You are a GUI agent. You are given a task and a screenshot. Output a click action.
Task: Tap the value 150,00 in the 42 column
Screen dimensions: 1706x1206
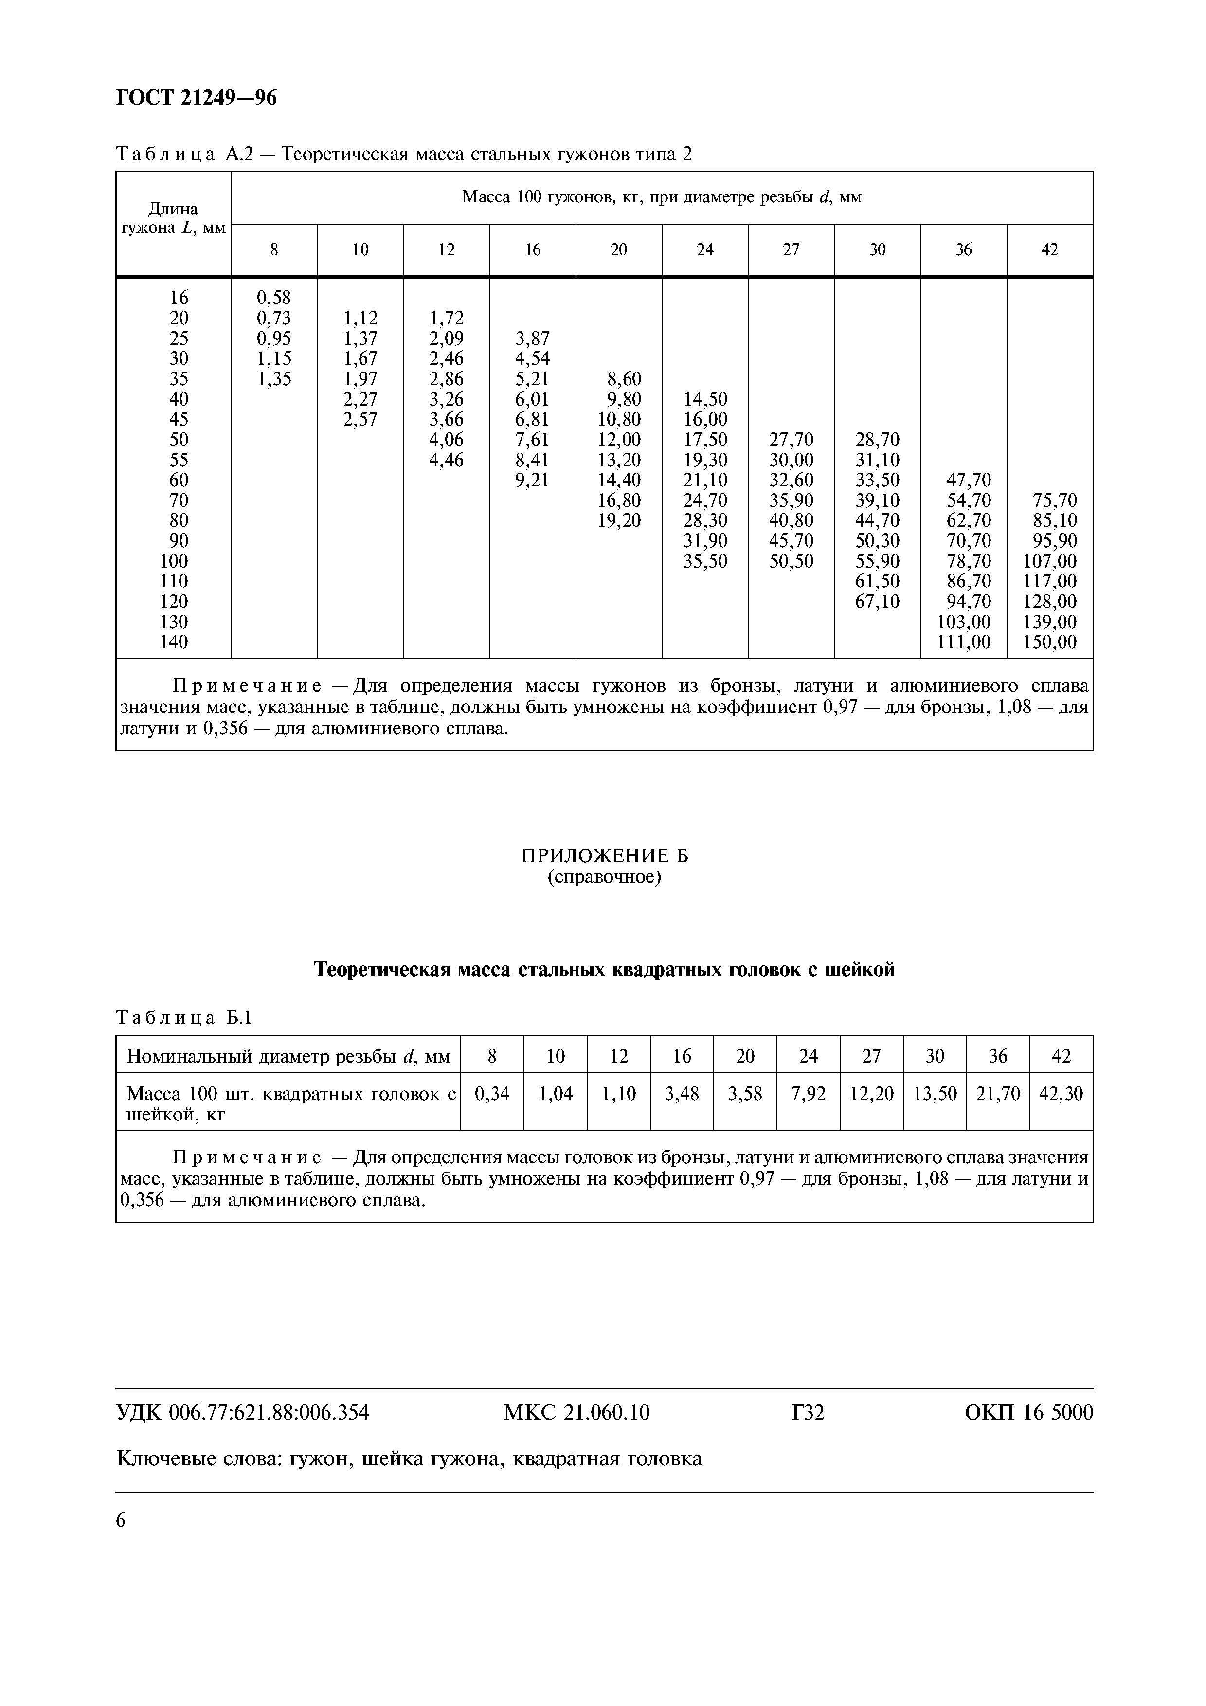point(1049,642)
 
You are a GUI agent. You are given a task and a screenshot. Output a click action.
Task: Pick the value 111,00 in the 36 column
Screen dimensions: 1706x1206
point(963,642)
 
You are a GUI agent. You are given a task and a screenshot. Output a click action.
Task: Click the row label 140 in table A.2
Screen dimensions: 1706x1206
point(174,642)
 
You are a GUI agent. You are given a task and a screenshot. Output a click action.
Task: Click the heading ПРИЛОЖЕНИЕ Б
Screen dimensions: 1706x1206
point(604,856)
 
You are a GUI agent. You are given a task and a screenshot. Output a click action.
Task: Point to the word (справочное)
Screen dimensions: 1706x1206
point(604,877)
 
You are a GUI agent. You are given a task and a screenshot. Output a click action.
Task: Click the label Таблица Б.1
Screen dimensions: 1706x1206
point(184,1018)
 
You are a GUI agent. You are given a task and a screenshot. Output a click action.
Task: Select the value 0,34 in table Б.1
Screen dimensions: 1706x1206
point(492,1094)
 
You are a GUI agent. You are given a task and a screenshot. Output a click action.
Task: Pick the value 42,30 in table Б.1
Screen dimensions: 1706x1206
point(1061,1094)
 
